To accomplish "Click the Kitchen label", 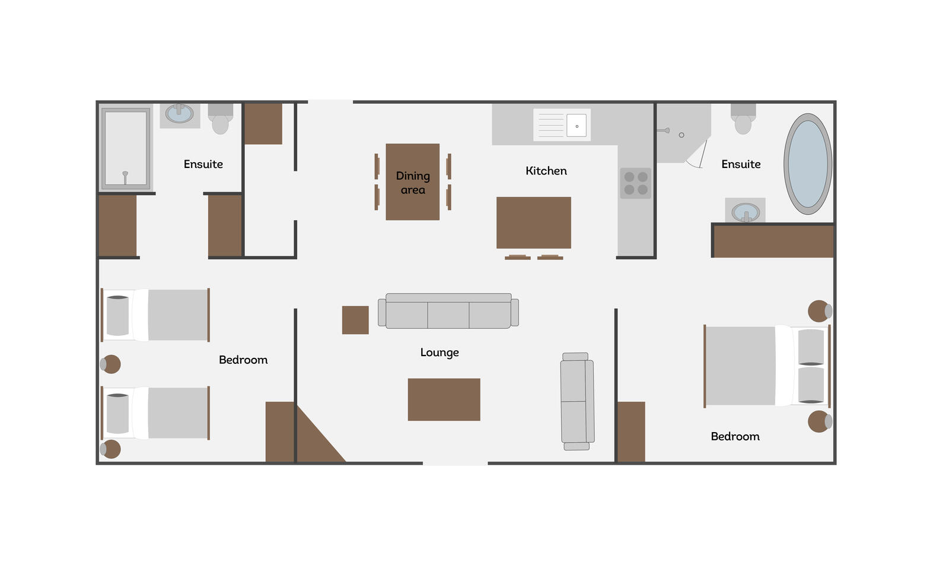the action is [x=546, y=171].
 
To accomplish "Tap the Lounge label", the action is [x=440, y=353].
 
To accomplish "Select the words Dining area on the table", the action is [x=413, y=183].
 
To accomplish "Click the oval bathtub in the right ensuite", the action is [x=807, y=164].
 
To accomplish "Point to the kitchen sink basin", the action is [x=577, y=125].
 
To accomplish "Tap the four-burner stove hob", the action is [x=635, y=183].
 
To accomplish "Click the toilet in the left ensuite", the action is [x=220, y=119].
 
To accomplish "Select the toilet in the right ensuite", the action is [x=743, y=119].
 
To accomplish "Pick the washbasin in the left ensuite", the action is [x=180, y=113].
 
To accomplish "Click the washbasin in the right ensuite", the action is [x=745, y=212].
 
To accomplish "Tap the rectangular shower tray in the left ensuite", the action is [x=125, y=148].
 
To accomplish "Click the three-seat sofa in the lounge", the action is [x=448, y=310].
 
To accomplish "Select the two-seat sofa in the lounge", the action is [x=577, y=401].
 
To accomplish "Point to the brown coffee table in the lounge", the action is [x=444, y=399].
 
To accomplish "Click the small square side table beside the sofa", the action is [x=355, y=320].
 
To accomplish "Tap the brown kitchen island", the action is [x=534, y=223].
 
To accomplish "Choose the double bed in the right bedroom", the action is [x=767, y=366].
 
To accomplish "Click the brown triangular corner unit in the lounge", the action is [x=314, y=441].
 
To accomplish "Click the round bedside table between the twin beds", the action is [x=111, y=364].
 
